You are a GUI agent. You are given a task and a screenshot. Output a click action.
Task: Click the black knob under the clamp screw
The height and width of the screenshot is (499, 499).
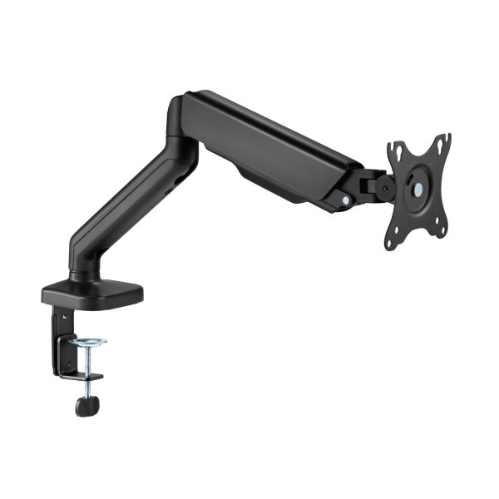(86, 406)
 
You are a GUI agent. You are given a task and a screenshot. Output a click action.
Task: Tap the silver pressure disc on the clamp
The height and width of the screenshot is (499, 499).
(87, 343)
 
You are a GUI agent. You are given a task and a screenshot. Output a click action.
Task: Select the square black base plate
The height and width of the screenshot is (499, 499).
(91, 292)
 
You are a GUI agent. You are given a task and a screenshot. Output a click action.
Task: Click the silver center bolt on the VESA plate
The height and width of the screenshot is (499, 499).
(416, 190)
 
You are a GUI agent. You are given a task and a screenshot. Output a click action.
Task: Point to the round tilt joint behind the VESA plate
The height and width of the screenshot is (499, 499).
(384, 188)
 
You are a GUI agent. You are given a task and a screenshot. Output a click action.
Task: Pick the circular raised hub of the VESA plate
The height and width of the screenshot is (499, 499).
(416, 190)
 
